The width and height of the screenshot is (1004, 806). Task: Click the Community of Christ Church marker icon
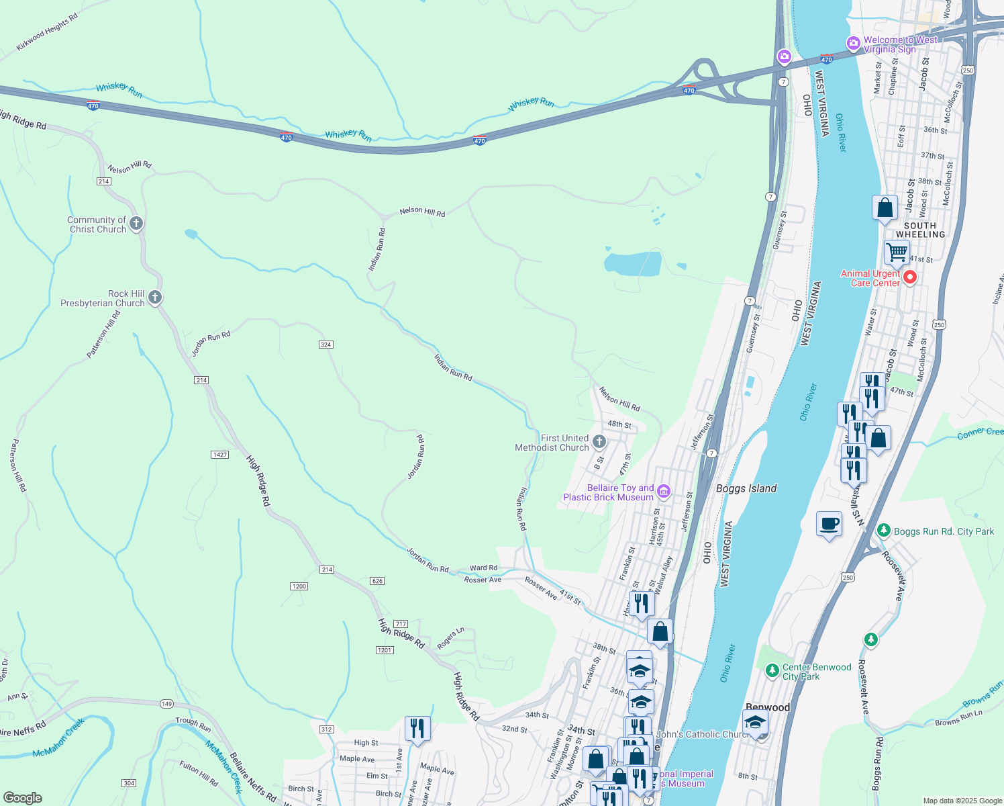tap(136, 223)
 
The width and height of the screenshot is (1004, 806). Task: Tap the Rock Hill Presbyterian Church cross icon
tap(155, 297)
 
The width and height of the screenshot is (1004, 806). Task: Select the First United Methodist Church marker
tap(599, 442)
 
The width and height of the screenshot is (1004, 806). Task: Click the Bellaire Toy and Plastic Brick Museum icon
tap(664, 492)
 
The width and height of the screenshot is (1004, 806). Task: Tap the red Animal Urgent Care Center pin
tap(910, 277)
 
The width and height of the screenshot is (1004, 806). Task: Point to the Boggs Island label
tap(746, 488)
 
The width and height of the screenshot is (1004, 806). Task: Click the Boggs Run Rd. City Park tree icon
tap(884, 531)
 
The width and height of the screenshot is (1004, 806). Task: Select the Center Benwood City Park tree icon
tap(772, 670)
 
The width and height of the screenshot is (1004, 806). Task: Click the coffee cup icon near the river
tap(830, 523)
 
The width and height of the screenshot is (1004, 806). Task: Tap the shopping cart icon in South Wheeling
tap(897, 253)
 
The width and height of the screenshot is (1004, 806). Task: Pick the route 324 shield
tap(325, 345)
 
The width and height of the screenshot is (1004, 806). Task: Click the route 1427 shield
tap(220, 455)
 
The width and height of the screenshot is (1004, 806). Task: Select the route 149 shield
tap(166, 704)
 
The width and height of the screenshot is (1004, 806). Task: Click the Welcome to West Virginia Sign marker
tap(854, 44)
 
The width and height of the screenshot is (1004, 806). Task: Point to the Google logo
tap(23, 798)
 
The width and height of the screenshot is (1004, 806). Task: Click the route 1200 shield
tap(299, 586)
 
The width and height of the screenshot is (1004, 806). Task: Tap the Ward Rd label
tap(483, 568)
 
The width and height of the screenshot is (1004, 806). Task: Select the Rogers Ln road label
tap(450, 639)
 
